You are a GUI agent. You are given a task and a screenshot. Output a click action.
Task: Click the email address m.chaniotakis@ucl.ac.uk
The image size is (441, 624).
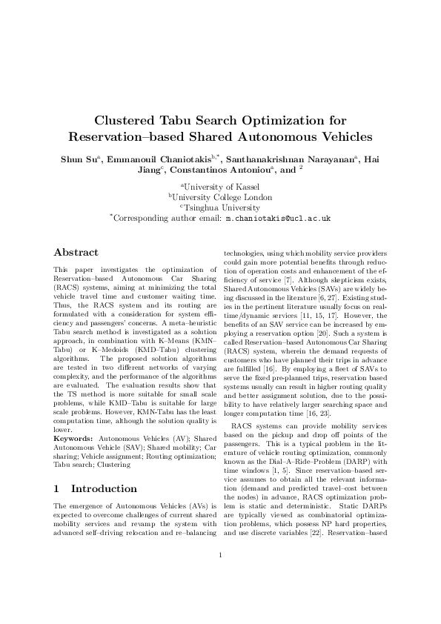click(x=278, y=219)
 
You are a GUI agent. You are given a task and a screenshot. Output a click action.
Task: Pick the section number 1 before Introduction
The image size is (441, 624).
click(x=59, y=468)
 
